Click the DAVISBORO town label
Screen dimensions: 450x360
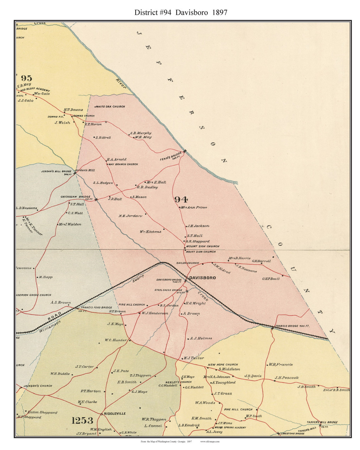pyautogui.click(x=202, y=278)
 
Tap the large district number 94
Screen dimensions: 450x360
pyautogui.click(x=181, y=200)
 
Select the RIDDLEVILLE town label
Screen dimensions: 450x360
pyautogui.click(x=114, y=414)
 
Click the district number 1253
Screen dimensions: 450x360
pyautogui.click(x=82, y=420)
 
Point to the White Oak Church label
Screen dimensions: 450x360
pyautogui.click(x=110, y=107)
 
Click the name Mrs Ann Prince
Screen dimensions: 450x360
pyautogui.click(x=194, y=207)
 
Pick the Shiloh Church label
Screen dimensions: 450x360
pyautogui.click(x=188, y=263)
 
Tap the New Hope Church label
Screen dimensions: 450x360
pyautogui.click(x=223, y=365)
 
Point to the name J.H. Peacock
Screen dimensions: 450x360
pyautogui.click(x=287, y=378)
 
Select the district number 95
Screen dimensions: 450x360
pyautogui.click(x=26, y=78)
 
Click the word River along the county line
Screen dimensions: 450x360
pyautogui.click(x=121, y=83)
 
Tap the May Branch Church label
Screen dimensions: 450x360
pyautogui.click(x=123, y=164)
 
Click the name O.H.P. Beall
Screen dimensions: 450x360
pyautogui.click(x=271, y=278)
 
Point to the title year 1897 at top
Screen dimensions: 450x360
pyautogui.click(x=219, y=13)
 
